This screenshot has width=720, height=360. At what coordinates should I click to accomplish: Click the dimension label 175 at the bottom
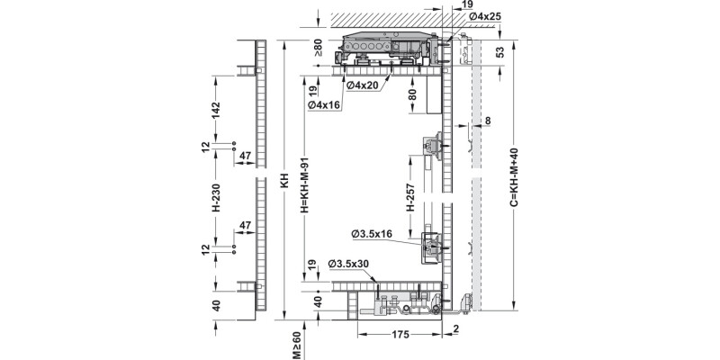click(400, 335)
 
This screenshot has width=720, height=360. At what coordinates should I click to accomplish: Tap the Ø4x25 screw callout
click(484, 16)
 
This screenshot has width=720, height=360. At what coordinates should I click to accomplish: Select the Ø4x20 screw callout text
click(363, 85)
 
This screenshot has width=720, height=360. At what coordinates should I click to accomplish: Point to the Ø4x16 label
click(324, 105)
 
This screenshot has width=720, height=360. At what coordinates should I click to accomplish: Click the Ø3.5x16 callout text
click(372, 234)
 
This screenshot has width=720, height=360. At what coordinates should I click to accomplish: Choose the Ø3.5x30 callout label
click(349, 264)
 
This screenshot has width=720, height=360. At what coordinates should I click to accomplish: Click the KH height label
click(284, 180)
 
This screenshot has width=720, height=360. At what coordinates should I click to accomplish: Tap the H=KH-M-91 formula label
click(304, 185)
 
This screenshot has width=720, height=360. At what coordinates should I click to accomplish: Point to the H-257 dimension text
click(411, 197)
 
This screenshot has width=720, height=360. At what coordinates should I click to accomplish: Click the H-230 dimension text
click(216, 197)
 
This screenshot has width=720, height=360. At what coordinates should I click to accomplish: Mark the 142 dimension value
click(216, 110)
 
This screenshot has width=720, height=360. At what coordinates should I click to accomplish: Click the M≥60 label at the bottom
click(297, 346)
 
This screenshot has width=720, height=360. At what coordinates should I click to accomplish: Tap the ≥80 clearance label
click(319, 48)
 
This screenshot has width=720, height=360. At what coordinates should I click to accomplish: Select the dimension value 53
click(500, 52)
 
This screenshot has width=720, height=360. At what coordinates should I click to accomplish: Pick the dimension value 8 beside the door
click(488, 121)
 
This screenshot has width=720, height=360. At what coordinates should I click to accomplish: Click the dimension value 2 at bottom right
click(455, 328)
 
